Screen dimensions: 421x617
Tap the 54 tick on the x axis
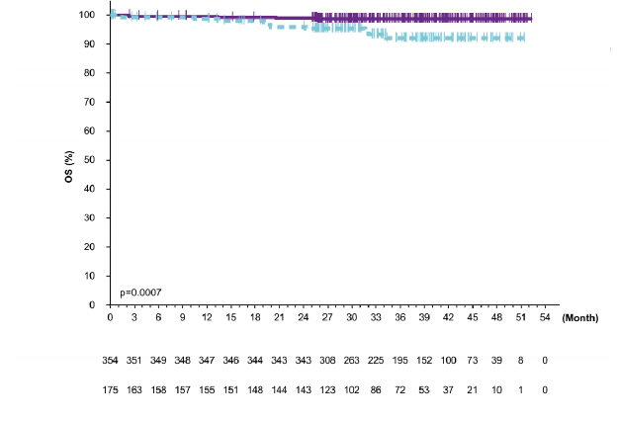click(545, 317)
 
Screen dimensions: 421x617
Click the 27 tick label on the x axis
click(327, 317)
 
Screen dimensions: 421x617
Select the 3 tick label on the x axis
click(133, 317)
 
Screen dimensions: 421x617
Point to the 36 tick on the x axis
click(399, 317)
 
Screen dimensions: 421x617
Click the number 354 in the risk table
click(110, 362)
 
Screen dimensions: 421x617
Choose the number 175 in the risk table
click(110, 389)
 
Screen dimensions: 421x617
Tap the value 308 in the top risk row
click(327, 362)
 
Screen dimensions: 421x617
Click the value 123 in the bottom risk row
click(327, 389)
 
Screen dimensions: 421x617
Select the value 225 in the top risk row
click(376, 362)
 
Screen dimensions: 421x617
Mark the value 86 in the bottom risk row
click(376, 389)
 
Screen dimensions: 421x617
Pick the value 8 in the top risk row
click(521, 362)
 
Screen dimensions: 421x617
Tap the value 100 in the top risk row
click(448, 362)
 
